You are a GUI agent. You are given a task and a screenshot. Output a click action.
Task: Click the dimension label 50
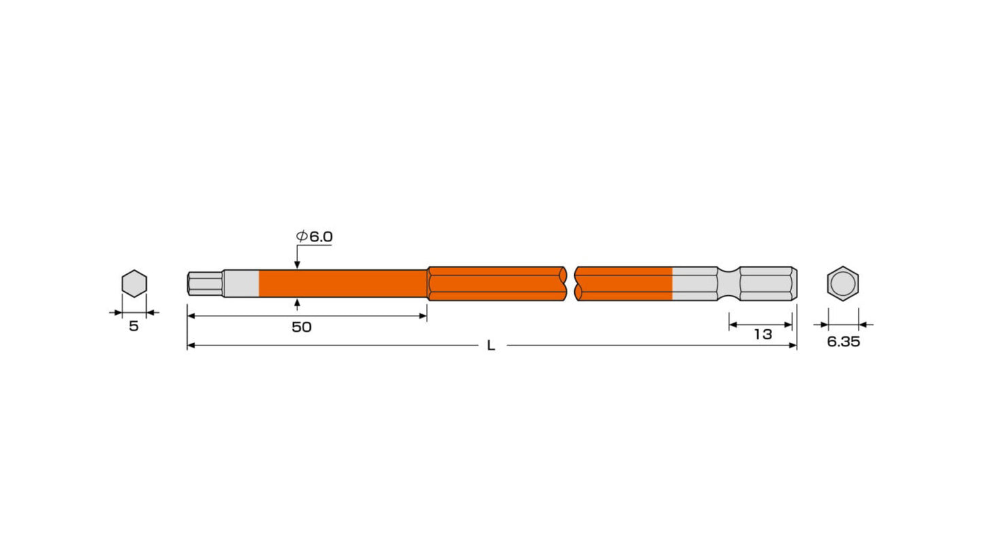(301, 327)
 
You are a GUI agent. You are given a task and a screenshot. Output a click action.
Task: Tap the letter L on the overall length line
(491, 346)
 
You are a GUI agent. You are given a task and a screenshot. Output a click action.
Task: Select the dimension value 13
(763, 335)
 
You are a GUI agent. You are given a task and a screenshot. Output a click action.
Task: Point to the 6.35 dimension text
(843, 342)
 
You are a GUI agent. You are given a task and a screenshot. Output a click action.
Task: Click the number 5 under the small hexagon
(134, 326)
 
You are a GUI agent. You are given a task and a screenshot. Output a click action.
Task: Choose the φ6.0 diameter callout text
(314, 237)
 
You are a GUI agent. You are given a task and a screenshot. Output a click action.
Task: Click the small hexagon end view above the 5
(134, 284)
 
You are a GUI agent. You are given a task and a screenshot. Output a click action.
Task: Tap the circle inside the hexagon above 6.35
(843, 284)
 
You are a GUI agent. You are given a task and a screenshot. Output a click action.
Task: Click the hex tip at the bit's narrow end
(205, 284)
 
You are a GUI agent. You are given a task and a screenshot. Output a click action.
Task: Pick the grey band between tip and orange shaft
(241, 284)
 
